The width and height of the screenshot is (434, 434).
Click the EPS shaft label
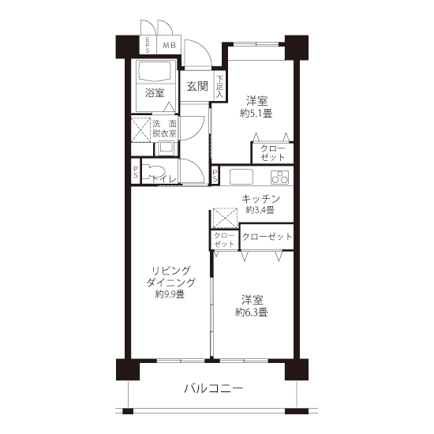[148, 45]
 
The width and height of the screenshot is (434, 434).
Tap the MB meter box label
[169, 45]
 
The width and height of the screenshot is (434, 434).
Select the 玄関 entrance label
[197, 86]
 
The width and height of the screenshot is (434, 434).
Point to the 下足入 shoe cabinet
[220, 86]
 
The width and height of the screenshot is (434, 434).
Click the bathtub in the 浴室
[155, 71]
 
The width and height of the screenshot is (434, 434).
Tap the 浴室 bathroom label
[155, 93]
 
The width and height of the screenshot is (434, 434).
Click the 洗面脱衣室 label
[164, 129]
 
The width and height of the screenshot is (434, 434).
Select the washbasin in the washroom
[166, 148]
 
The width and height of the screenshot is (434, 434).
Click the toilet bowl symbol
[153, 171]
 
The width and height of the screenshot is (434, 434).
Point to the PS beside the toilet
[136, 172]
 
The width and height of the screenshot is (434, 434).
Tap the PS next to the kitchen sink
[215, 174]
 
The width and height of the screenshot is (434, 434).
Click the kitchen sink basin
[241, 177]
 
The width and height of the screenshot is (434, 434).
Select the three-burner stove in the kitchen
[280, 177]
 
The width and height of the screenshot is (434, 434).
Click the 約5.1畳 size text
[256, 114]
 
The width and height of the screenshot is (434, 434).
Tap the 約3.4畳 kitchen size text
[260, 210]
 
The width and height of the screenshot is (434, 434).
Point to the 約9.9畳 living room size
[170, 294]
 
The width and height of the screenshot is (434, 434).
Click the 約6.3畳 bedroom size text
[251, 312]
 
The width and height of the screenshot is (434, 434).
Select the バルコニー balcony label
[214, 388]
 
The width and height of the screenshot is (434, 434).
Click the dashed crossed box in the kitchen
[226, 218]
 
